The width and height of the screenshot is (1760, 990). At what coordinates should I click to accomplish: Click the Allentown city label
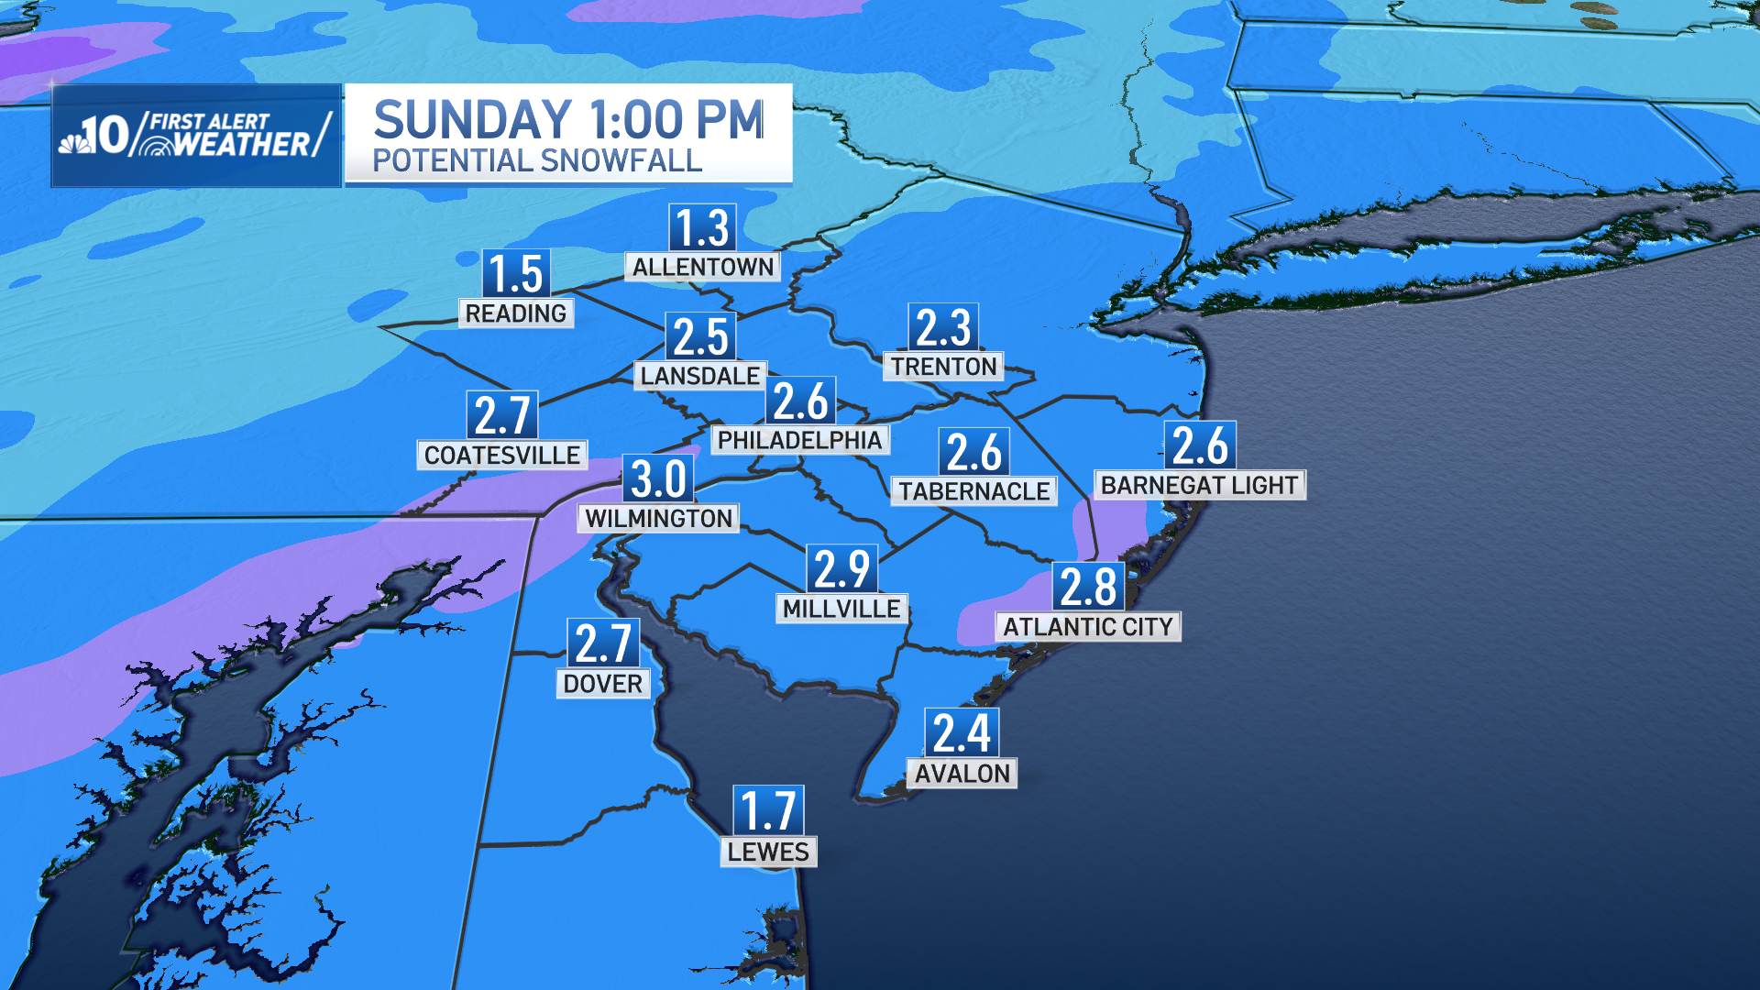(703, 267)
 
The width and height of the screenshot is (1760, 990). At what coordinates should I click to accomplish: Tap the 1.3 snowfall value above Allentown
(703, 227)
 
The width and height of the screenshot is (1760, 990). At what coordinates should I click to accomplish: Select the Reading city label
(516, 313)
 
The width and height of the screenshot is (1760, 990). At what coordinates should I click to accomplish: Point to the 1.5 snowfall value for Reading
(516, 273)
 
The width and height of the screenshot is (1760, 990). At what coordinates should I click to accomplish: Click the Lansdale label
(700, 376)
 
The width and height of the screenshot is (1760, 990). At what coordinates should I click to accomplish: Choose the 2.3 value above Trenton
(943, 327)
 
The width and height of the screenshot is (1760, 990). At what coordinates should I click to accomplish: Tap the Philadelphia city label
(799, 440)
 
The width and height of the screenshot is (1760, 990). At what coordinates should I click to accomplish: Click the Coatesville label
(502, 456)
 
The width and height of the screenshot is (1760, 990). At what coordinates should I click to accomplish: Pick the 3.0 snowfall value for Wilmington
(658, 478)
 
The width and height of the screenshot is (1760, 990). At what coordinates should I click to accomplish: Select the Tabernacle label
(973, 491)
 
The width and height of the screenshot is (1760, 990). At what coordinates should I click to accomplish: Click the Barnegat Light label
(1199, 485)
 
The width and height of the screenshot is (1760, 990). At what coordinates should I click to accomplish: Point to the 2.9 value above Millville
(841, 568)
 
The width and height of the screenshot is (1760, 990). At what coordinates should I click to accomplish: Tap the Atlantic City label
(1088, 627)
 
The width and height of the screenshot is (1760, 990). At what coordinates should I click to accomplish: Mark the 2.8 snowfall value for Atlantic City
(1088, 587)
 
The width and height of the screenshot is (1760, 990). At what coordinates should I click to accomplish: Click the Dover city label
(603, 684)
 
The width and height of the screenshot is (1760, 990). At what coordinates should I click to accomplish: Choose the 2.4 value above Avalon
(962, 732)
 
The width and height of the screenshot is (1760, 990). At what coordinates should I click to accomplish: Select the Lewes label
(768, 852)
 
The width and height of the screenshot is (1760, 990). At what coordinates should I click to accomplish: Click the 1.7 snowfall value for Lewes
(768, 810)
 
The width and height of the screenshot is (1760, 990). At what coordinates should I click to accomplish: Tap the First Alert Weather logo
(196, 136)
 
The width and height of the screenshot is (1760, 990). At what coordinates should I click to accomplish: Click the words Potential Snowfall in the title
(537, 161)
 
